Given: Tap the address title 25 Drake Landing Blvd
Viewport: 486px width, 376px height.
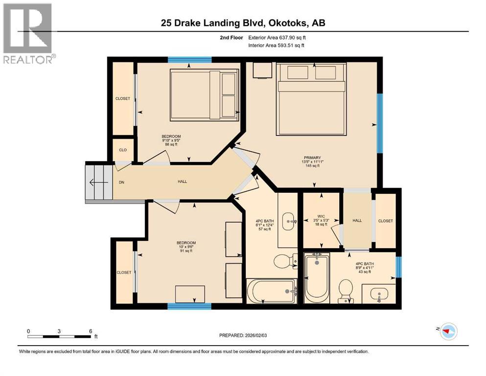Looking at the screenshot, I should [x=243, y=23].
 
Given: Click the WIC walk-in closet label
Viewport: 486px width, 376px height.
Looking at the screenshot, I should [x=321, y=215].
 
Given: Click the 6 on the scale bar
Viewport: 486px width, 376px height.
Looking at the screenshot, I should [x=91, y=331].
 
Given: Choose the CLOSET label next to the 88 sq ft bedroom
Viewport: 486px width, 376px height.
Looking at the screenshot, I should [x=123, y=98].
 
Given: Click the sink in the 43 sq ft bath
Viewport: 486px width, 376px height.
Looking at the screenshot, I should [x=378, y=295].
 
